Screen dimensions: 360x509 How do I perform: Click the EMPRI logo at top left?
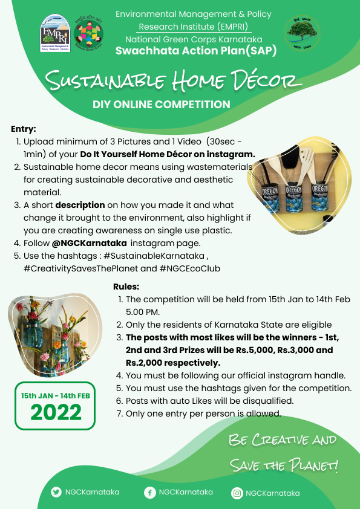(56, 34)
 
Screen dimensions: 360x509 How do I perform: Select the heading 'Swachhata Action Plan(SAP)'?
(196, 51)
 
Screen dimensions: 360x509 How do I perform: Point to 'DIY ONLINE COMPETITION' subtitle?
(161, 105)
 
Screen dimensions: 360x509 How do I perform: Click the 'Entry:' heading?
(24, 129)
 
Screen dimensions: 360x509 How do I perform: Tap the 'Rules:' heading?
(126, 286)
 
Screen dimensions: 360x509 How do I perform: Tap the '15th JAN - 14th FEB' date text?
(56, 395)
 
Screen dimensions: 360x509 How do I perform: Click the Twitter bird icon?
(56, 492)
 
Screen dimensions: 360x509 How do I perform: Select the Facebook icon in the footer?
(149, 493)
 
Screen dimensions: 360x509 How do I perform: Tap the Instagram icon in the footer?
(237, 493)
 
